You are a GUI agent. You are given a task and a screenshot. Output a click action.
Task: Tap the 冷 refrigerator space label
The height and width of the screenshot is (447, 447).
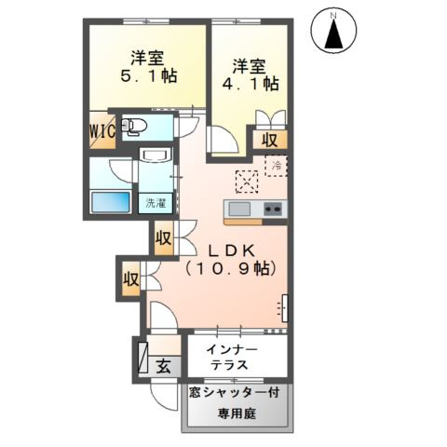point(276,165)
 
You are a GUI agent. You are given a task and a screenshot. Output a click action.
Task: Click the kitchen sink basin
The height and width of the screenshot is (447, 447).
point(239,209)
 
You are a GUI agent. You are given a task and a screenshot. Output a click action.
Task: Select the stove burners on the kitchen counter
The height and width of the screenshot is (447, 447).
point(273,209)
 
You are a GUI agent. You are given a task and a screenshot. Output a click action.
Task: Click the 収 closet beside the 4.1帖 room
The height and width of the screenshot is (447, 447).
point(269,141)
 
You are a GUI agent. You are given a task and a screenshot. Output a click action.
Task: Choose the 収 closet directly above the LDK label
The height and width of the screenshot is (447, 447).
point(164,238)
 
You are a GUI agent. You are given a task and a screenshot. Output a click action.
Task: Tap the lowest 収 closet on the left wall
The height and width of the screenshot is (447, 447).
point(130,278)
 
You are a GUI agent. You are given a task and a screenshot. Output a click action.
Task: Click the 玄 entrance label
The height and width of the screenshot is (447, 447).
point(163,365)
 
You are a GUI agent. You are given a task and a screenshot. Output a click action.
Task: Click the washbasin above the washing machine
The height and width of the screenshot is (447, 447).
point(154,156)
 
